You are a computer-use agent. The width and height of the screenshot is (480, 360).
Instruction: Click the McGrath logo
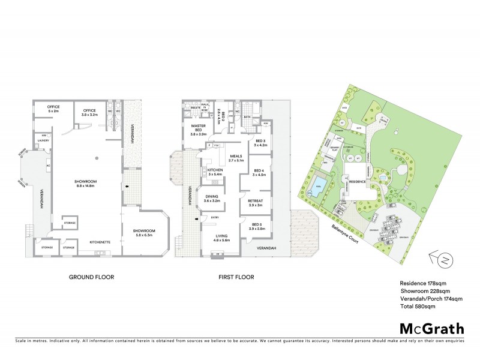pos(431,328)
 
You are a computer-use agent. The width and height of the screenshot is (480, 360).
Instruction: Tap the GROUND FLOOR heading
pos(91,277)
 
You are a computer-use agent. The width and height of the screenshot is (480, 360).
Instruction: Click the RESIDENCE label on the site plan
pos(358,181)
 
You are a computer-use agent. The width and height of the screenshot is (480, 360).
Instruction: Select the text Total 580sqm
pos(417,306)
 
